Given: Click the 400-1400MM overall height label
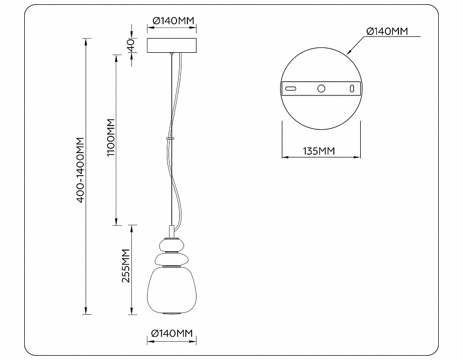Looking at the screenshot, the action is (81, 170).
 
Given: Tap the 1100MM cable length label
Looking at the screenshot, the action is (111, 138).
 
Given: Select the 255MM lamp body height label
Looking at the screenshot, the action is (127, 266).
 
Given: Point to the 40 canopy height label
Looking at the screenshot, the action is (131, 45).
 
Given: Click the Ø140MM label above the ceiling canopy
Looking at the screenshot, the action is (173, 20).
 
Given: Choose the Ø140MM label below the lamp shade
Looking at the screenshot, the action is (172, 334).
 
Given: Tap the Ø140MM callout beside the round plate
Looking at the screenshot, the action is (387, 31).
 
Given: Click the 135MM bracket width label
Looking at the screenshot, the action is (319, 151).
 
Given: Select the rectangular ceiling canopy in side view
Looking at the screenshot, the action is (172, 45).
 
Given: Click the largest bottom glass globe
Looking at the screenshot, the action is (172, 290).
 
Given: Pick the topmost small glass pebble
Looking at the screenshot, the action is (172, 245).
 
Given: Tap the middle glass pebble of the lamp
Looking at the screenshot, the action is (172, 259).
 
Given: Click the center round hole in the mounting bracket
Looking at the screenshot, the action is (321, 88).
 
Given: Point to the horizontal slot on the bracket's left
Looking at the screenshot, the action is (291, 88).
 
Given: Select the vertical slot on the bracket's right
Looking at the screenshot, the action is (352, 88).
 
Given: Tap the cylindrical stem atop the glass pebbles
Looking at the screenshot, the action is (171, 231).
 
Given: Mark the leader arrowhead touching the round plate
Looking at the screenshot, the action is (349, 52).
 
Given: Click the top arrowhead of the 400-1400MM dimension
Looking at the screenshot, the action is (86, 41).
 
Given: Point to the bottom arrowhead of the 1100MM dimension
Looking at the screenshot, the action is (116, 221).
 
